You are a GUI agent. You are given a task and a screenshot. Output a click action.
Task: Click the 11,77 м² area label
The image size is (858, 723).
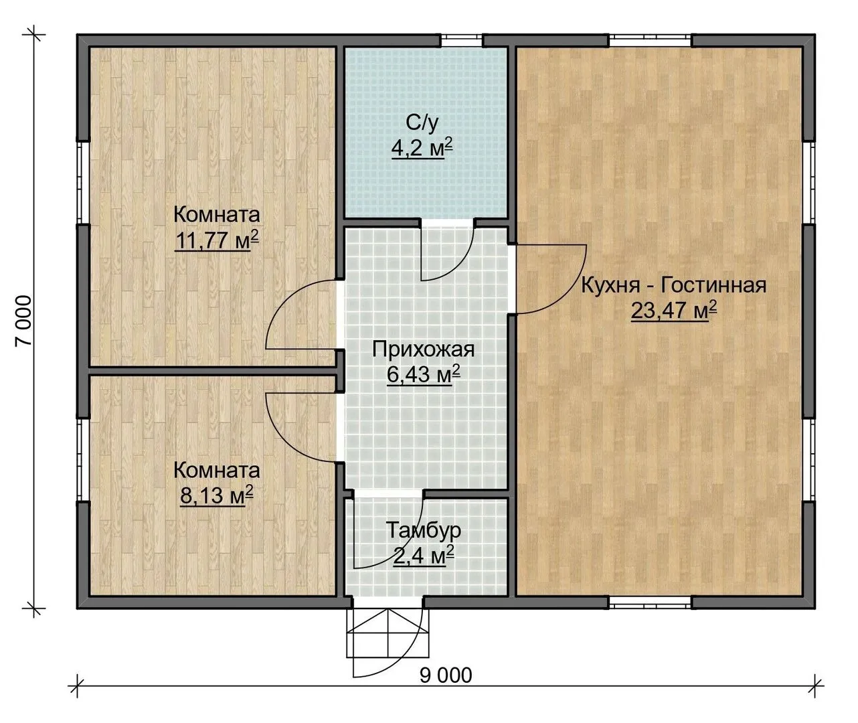(x=217, y=240)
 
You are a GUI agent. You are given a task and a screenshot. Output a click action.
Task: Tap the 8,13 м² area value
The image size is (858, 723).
(x=217, y=495)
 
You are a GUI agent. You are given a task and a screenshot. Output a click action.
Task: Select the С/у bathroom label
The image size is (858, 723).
(x=422, y=123)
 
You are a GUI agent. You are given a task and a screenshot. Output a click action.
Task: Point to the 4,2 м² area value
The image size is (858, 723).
(x=422, y=148)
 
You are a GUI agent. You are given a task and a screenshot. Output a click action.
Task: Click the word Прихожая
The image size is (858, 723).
(x=424, y=350)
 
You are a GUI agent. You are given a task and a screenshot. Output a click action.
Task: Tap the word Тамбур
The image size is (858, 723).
(x=424, y=531)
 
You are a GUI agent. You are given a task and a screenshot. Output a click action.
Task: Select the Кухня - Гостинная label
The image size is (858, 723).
(x=674, y=285)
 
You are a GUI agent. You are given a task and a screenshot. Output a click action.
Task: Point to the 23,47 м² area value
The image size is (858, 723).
(x=674, y=310)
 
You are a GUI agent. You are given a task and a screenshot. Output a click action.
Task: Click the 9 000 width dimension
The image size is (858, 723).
(x=446, y=675)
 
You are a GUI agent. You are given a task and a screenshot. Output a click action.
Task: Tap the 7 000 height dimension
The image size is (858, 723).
(x=23, y=321)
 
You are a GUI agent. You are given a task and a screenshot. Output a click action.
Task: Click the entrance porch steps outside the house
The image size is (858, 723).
(x=388, y=633)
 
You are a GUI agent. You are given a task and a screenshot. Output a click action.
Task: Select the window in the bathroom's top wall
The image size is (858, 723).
(x=462, y=41)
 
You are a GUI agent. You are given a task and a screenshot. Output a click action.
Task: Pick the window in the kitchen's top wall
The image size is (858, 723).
(x=651, y=41)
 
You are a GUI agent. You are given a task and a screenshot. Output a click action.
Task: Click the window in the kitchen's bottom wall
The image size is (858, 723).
(x=651, y=602)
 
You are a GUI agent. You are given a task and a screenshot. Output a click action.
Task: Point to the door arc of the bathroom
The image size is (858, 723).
(x=458, y=268)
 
